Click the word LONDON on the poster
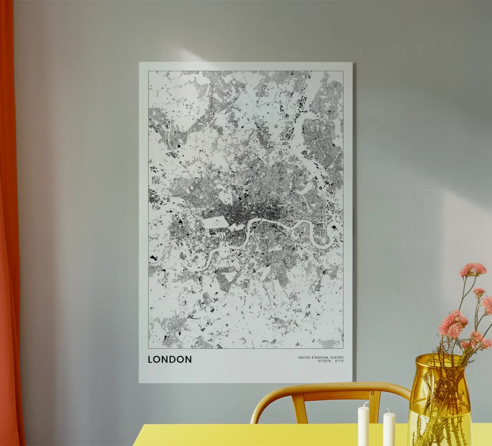pyautogui.click(x=170, y=359)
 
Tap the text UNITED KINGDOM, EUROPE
pyautogui.click(x=321, y=358)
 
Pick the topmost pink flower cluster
pyautogui.click(x=473, y=269)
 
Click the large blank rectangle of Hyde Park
pyautogui.click(x=215, y=223)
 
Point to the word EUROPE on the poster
pyautogui.click(x=337, y=358)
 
